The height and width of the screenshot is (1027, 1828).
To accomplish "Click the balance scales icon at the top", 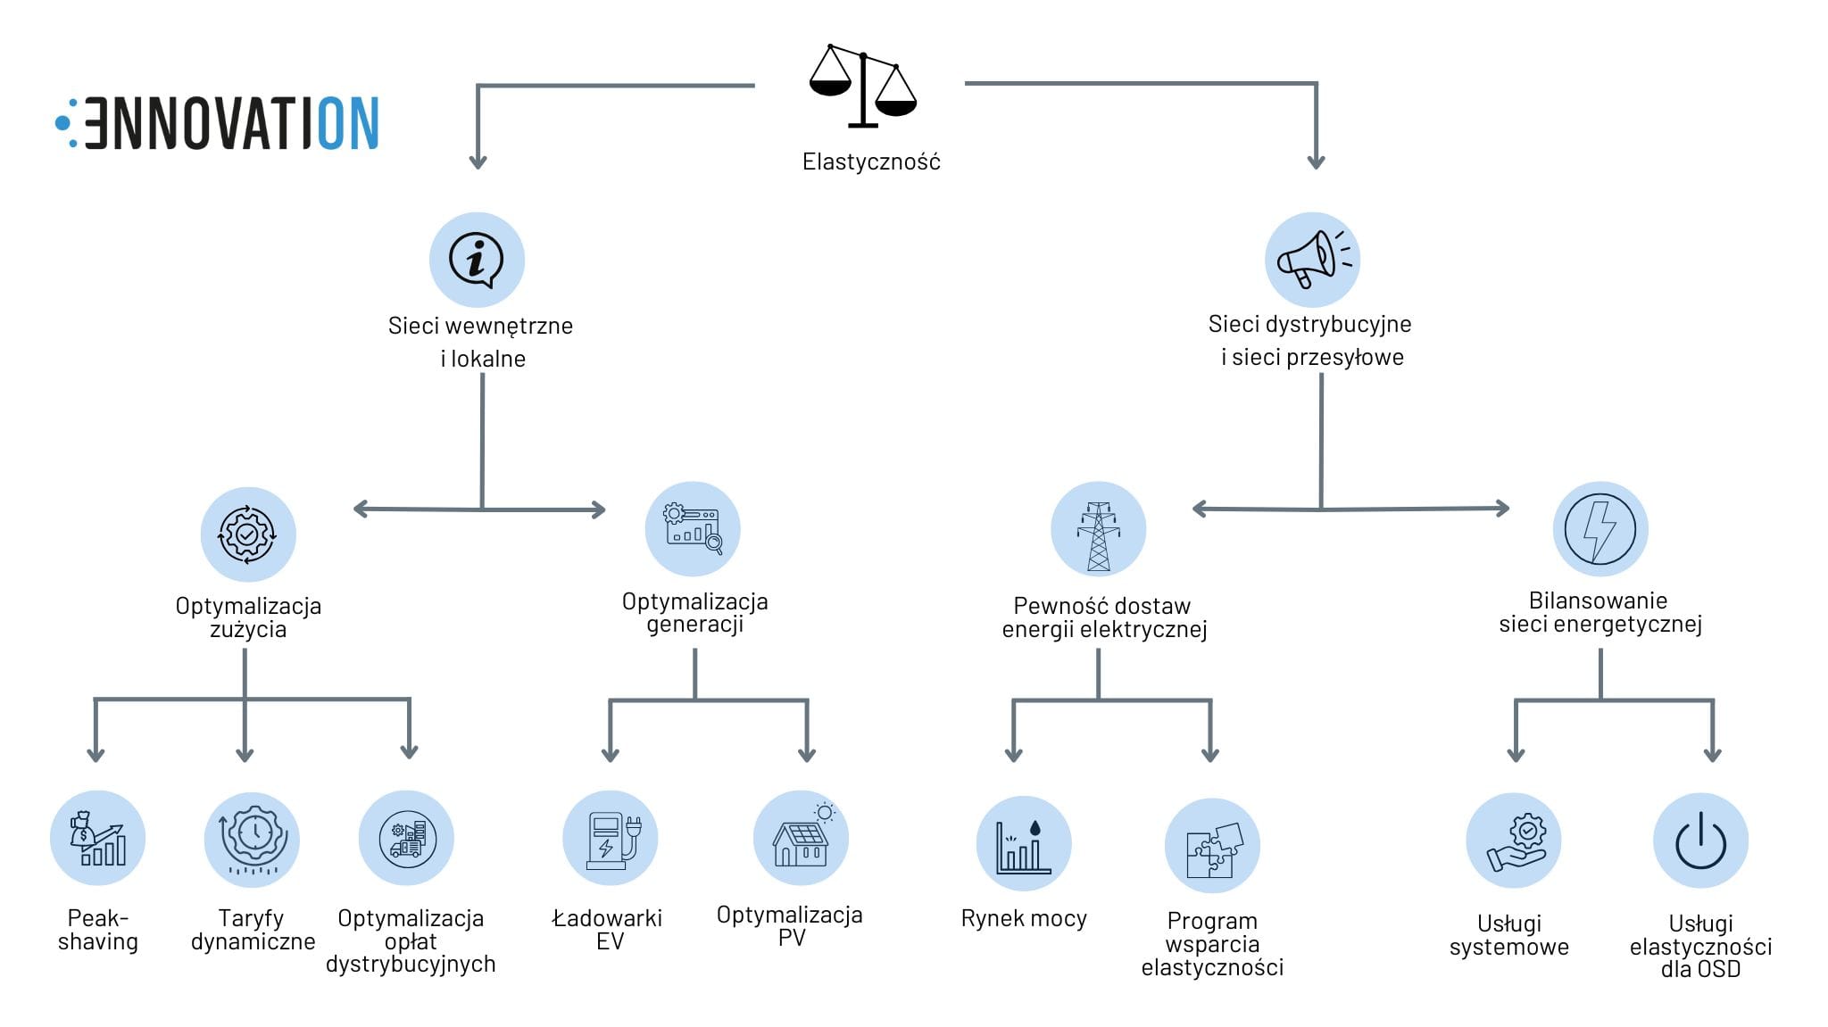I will (x=862, y=85).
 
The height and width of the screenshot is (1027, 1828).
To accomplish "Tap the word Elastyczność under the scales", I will (x=871, y=162).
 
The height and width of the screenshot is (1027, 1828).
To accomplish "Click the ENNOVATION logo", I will (x=219, y=123).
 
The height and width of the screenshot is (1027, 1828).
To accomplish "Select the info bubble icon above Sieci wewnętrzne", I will (x=477, y=260).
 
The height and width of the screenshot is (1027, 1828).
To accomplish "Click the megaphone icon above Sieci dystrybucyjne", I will (x=1312, y=260).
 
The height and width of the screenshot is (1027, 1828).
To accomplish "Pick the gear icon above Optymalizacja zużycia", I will (x=247, y=534).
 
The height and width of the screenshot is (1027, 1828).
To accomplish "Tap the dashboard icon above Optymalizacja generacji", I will (x=693, y=529).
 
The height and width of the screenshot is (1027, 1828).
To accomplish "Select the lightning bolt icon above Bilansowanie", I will (x=1599, y=529).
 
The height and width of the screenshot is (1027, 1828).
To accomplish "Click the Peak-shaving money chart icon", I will (x=97, y=838).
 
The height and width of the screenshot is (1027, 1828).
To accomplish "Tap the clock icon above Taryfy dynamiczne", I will (x=253, y=839).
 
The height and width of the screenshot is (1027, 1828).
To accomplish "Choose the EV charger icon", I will (x=611, y=839).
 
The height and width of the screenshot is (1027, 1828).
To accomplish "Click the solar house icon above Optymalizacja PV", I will (x=801, y=837).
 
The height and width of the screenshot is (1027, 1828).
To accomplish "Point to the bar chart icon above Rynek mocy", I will (x=1024, y=844).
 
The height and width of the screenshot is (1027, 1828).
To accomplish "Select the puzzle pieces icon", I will (x=1212, y=846).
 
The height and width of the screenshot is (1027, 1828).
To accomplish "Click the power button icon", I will (x=1700, y=841).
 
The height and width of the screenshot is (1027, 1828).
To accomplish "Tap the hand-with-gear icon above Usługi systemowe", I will (x=1514, y=841).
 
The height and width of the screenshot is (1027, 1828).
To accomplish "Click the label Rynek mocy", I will (x=1024, y=918).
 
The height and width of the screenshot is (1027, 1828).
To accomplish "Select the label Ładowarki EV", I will (x=608, y=929).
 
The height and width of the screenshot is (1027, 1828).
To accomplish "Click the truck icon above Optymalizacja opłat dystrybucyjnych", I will (x=406, y=839).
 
